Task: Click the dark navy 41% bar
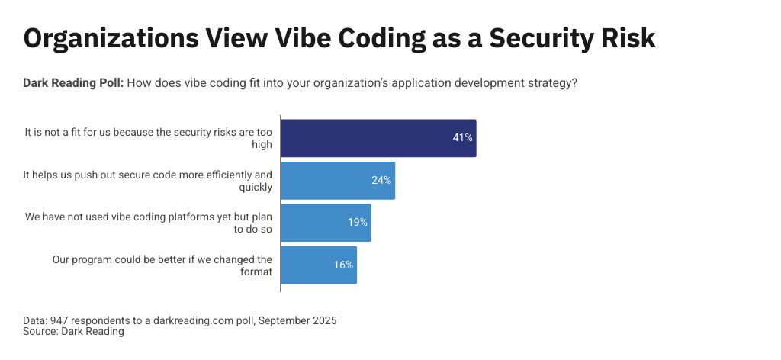(x=378, y=138)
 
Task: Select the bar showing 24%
(x=338, y=181)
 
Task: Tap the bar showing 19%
(x=326, y=223)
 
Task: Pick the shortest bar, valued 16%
(x=319, y=265)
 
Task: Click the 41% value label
(x=462, y=138)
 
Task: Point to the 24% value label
(x=381, y=181)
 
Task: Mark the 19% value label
(x=358, y=223)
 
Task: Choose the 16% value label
(x=343, y=265)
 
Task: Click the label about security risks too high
(x=148, y=138)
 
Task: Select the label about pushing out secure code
(x=148, y=181)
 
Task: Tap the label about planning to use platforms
(x=148, y=223)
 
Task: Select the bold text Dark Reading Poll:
(x=72, y=82)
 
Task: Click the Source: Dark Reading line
(x=73, y=332)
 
